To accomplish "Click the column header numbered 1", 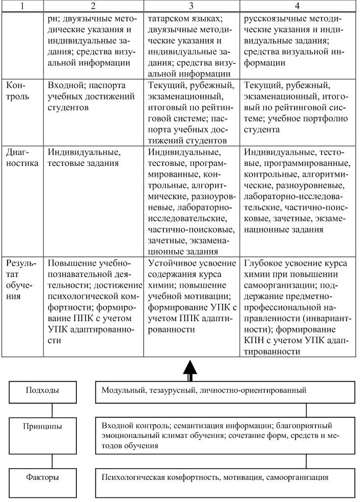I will point(22,6).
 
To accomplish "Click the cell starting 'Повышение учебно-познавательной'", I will point(95,302).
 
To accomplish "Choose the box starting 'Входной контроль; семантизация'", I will point(225,435).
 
